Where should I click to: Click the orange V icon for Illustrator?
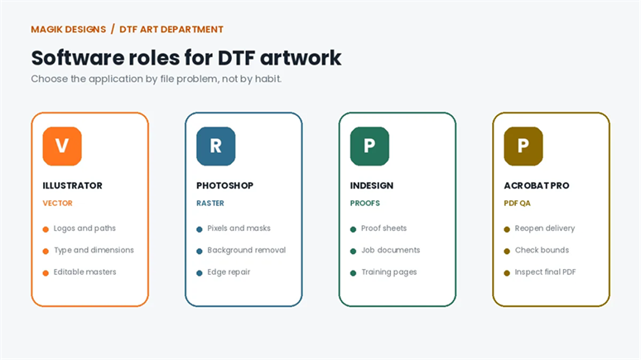click(x=62, y=146)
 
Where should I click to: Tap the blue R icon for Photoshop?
click(x=216, y=146)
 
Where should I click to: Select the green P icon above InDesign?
click(x=369, y=146)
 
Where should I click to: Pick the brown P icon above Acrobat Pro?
click(x=523, y=146)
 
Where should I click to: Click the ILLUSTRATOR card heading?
click(x=72, y=185)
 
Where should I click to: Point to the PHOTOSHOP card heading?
click(x=224, y=185)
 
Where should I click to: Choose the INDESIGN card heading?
click(x=372, y=185)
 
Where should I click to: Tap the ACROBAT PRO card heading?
click(x=537, y=185)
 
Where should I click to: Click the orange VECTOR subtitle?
click(x=58, y=203)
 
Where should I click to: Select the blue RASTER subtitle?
click(x=210, y=203)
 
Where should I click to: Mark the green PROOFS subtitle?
click(x=365, y=203)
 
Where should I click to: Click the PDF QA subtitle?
click(x=517, y=203)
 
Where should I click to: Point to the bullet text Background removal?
click(x=247, y=250)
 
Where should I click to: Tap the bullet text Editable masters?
click(x=85, y=271)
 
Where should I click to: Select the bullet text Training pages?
click(x=389, y=272)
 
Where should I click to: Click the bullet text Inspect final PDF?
click(x=545, y=271)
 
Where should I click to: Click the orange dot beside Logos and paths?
click(x=46, y=229)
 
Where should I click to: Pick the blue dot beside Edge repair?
click(x=200, y=273)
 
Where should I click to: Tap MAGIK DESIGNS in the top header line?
click(x=69, y=30)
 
